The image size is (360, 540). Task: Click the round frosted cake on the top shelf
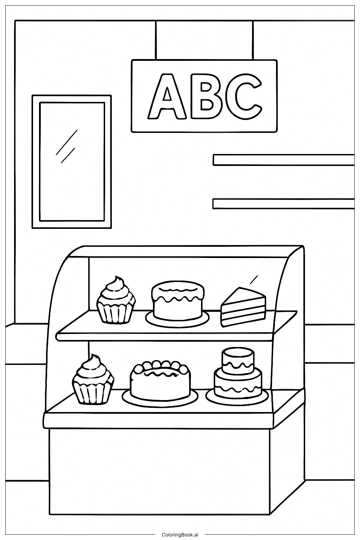178,301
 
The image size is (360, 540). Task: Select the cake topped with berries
160,381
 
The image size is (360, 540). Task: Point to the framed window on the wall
72,161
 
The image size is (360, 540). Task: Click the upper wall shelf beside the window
283,160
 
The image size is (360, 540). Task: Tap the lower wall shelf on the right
283,204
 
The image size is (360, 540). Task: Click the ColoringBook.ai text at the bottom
180,534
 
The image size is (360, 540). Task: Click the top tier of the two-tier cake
238,359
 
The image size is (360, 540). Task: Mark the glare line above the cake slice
253,280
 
